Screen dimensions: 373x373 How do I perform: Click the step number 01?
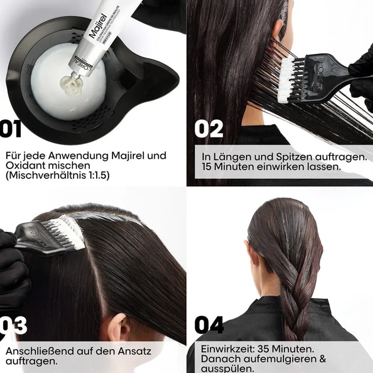10,129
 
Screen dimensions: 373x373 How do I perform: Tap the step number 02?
209,129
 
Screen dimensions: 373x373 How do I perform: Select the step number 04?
209,325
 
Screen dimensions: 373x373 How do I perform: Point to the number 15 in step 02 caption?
207,167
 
